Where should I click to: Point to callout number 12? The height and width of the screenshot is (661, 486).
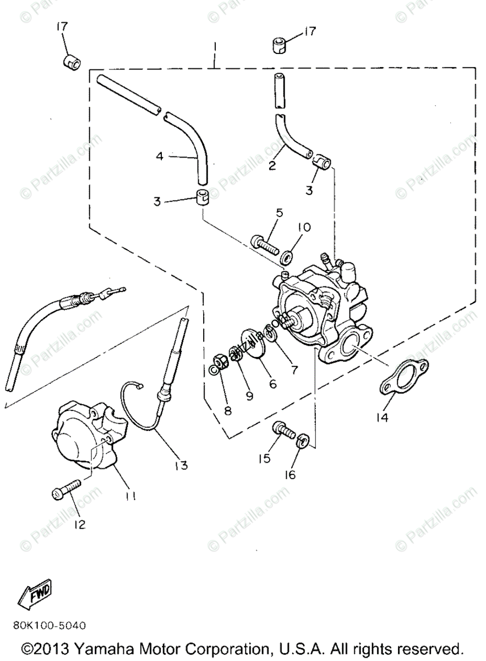[x=80, y=524]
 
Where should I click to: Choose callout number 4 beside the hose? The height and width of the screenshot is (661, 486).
[x=160, y=156]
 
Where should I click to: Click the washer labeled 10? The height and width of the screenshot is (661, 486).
[x=287, y=257]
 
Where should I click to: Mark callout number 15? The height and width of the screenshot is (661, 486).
[x=265, y=458]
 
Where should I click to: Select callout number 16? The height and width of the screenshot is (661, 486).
[x=290, y=474]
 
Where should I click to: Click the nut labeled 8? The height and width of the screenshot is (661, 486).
[x=219, y=362]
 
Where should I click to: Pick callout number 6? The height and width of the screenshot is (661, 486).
[x=272, y=384]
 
